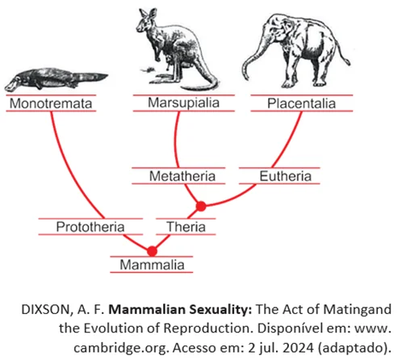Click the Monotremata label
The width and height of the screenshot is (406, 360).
(x=51, y=103)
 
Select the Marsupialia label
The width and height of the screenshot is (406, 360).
(x=183, y=103)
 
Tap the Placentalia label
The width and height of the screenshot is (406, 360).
(x=301, y=103)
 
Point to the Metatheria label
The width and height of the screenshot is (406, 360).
(x=182, y=176)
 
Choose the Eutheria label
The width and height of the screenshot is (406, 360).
(x=286, y=176)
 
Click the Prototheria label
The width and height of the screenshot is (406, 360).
(x=90, y=227)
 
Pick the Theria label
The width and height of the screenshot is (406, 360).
(x=186, y=227)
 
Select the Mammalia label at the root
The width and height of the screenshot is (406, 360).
(x=152, y=265)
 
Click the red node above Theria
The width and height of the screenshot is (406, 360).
(x=201, y=207)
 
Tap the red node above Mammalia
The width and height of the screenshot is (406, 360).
(x=152, y=251)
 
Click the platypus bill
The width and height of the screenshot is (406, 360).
(x=10, y=86)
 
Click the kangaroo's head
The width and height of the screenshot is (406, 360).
(x=147, y=21)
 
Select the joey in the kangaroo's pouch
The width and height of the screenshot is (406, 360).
(x=170, y=61)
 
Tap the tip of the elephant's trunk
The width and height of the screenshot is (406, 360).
(x=245, y=77)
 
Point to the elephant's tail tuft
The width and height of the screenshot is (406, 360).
(x=348, y=62)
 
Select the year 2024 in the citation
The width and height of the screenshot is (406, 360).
(x=299, y=348)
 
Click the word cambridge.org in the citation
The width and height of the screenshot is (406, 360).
(x=122, y=348)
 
